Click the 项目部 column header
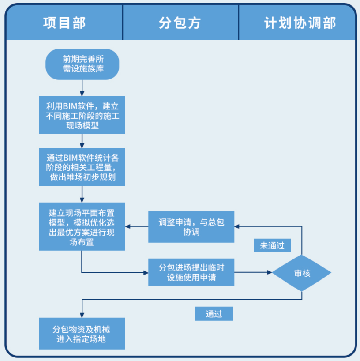64,23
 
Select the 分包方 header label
180,23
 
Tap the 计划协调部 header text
300,23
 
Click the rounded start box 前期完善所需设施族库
82,64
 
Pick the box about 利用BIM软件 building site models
82,115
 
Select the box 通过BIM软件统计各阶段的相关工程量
82,167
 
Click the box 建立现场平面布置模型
82,226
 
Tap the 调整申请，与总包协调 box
191,227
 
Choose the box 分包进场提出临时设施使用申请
191,272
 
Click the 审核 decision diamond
302,273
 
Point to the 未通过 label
272,245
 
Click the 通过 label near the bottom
214,314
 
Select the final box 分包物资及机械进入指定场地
82,334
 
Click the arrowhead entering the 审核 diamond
270,272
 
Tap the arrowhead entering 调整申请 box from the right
237,226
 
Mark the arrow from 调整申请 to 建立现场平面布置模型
137,226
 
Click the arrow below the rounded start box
82,88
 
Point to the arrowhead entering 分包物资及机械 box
82,315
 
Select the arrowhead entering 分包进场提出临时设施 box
146,273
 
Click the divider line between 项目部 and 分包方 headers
123,23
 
